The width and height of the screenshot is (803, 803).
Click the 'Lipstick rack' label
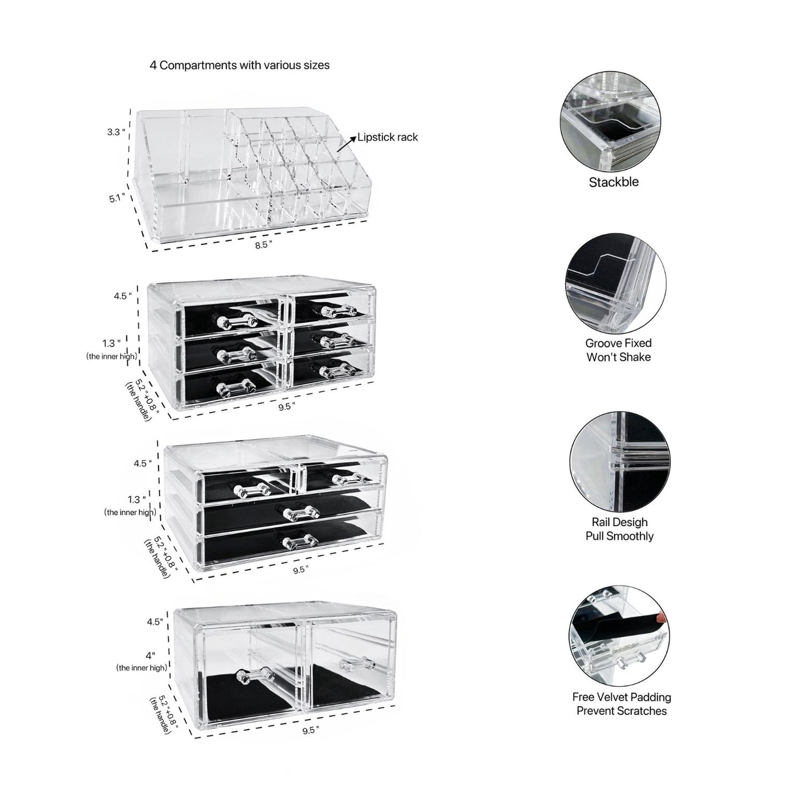[x=387, y=137]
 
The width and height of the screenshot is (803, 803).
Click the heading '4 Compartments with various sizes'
[x=239, y=65]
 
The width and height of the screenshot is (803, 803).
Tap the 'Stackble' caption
[x=614, y=182]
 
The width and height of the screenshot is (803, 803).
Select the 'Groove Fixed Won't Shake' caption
[x=618, y=350]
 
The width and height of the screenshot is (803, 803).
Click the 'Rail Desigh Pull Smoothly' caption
[x=619, y=529]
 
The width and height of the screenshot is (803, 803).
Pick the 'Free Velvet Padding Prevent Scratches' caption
[x=621, y=704]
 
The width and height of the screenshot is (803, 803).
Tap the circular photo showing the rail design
[x=619, y=467]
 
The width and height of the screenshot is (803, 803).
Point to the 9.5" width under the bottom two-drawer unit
[x=311, y=731]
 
